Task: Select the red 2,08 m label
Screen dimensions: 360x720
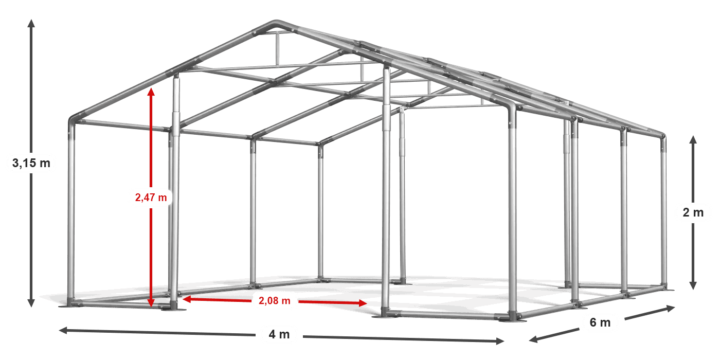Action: [x=275, y=301]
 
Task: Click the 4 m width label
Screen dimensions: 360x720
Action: [x=279, y=334]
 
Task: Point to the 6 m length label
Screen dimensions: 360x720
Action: [x=600, y=322]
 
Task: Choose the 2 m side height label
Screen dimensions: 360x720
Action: [x=693, y=212]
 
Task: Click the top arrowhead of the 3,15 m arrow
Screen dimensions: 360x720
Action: [x=31, y=22]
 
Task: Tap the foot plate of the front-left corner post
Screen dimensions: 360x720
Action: [x=72, y=302]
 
